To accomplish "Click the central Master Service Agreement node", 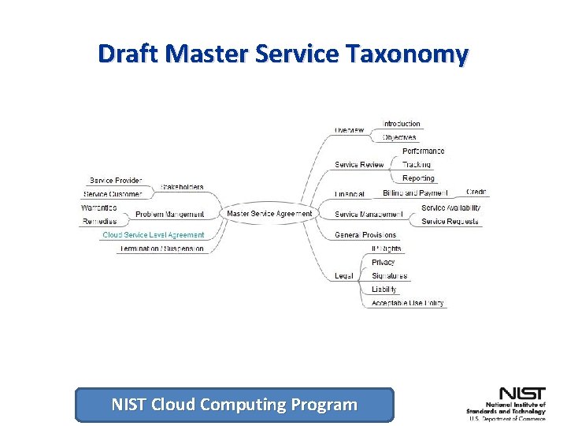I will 269,214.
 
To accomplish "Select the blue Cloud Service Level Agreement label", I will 154,235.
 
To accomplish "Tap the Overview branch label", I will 349,130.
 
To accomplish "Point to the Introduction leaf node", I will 402,124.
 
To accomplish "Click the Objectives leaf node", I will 399,137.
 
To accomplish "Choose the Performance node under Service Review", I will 423,151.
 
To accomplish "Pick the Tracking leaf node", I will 417,165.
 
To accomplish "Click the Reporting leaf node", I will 418,178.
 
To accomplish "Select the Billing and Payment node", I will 414,192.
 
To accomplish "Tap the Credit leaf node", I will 476,192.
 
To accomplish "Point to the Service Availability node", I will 450,207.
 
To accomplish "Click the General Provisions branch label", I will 365,235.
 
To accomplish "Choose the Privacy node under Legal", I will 384,262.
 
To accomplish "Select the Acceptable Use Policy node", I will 407,303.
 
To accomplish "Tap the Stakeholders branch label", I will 182,187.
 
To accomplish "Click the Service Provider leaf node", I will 116,181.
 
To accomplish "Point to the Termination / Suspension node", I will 162,248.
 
